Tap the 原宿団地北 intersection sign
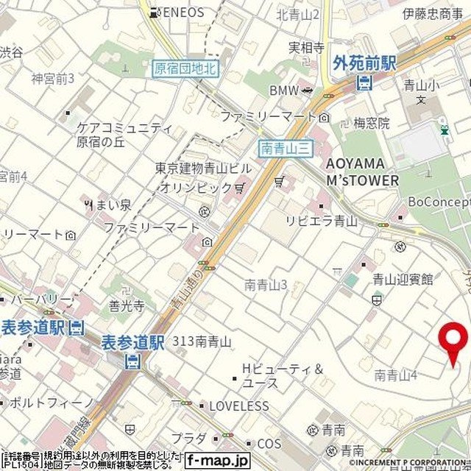185,68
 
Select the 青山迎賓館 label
402,279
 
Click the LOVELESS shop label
238,406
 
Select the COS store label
269,444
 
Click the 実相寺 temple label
306,48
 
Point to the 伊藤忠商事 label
433,13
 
